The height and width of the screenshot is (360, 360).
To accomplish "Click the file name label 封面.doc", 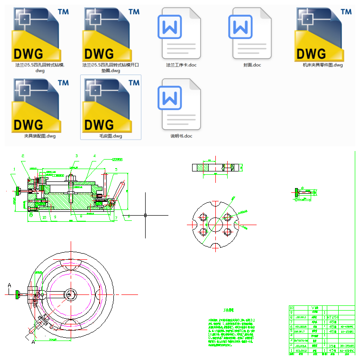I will coord(252,65).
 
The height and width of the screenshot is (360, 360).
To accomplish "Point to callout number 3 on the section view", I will coord(76,155).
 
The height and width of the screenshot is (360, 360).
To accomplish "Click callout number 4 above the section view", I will coord(94,156).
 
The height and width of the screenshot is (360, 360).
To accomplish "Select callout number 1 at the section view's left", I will coord(15,169).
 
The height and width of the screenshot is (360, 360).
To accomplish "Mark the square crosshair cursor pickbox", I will coord(145,215).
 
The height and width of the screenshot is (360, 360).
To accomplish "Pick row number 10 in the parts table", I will coord(292,307).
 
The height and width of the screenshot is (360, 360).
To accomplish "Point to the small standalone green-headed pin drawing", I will coord(304,192).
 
